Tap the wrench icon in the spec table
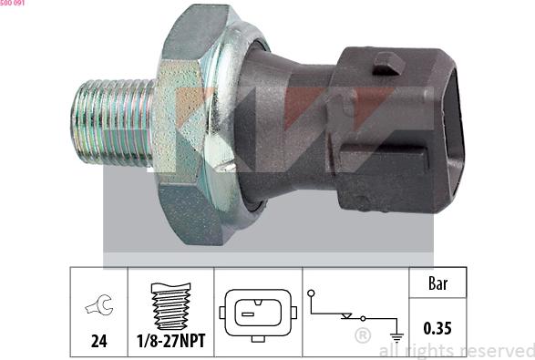tap(97, 307)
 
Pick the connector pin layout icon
tap(257, 313)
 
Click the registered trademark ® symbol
tap(362, 336)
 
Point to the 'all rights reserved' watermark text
tap(456, 351)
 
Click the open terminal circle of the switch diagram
tap(313, 294)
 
